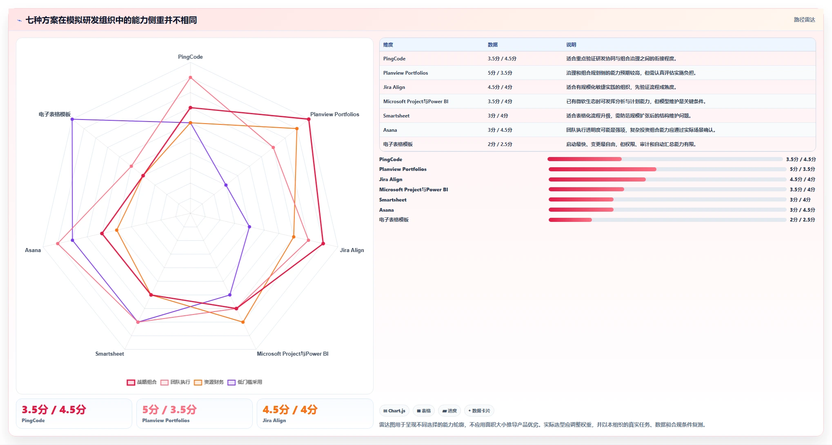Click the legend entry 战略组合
pyautogui.click(x=142, y=382)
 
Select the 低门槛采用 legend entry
pyautogui.click(x=245, y=382)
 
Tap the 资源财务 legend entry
pyautogui.click(x=209, y=382)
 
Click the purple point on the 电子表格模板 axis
pyautogui.click(x=72, y=119)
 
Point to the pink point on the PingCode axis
pyautogui.click(x=190, y=77)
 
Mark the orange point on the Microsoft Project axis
pyautogui.click(x=243, y=322)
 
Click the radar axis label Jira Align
pyautogui.click(x=352, y=250)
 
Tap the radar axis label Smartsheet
pyautogui.click(x=109, y=354)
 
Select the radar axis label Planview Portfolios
pyautogui.click(x=335, y=114)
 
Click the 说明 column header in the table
pyautogui.click(x=571, y=45)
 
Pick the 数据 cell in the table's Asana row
pyautogui.click(x=500, y=130)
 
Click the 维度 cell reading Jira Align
pyautogui.click(x=394, y=87)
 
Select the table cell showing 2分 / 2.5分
pyautogui.click(x=500, y=144)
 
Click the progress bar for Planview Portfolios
pyautogui.click(x=667, y=169)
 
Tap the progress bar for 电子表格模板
pyautogui.click(x=667, y=220)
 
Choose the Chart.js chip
pyautogui.click(x=394, y=411)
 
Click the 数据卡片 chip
pyautogui.click(x=479, y=411)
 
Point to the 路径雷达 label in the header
pyautogui.click(x=804, y=20)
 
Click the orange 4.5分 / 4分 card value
pyautogui.click(x=290, y=410)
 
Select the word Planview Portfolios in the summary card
pyautogui.click(x=166, y=421)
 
